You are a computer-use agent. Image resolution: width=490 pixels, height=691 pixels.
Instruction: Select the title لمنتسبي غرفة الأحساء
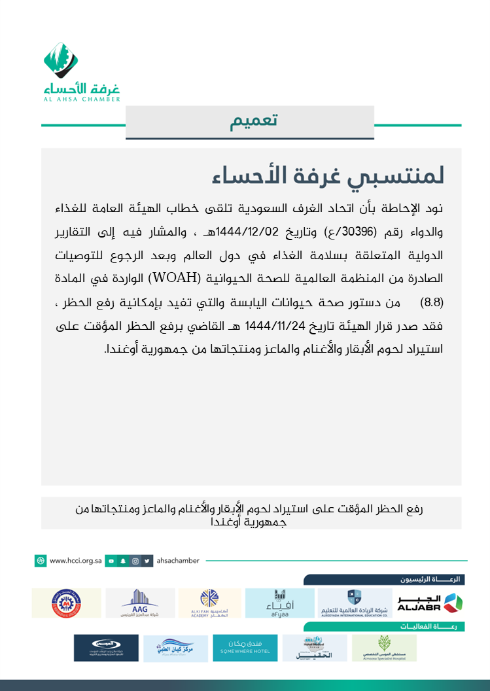click(x=328, y=175)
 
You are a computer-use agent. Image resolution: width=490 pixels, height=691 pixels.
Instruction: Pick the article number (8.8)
click(x=432, y=302)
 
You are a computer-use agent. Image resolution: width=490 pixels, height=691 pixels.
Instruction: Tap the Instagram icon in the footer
click(x=135, y=561)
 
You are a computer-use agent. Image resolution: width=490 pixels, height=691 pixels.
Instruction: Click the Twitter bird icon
click(x=148, y=561)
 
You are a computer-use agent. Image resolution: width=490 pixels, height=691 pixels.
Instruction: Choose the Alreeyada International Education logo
click(x=354, y=603)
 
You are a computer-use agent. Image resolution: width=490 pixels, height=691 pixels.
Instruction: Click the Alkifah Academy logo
click(x=210, y=603)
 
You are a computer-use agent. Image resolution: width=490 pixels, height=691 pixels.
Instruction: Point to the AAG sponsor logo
click(x=140, y=603)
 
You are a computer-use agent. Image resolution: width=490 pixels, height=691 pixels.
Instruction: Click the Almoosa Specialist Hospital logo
click(x=384, y=648)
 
